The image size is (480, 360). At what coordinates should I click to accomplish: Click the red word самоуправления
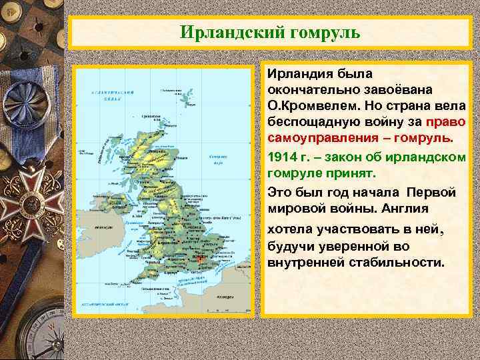(x=328, y=141)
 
